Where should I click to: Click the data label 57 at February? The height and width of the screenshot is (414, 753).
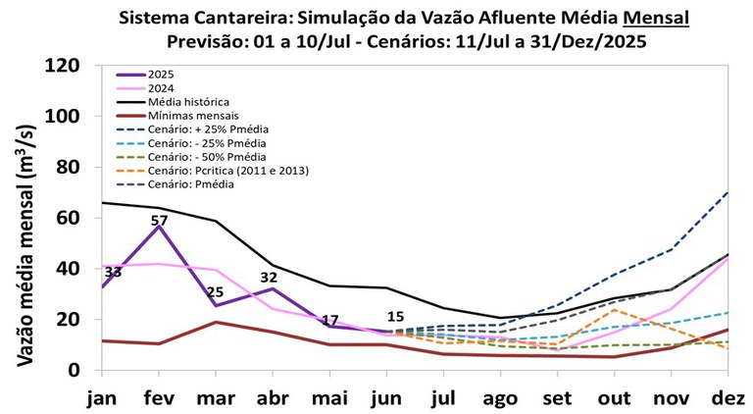[x=160, y=221]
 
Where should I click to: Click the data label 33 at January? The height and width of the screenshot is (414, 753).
[x=113, y=273]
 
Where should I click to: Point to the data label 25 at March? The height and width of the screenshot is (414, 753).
[x=216, y=292]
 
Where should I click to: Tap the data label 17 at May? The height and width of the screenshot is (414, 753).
[x=329, y=320]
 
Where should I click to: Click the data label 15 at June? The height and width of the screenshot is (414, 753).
[x=395, y=316]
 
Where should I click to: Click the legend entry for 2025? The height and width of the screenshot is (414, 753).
[x=164, y=75]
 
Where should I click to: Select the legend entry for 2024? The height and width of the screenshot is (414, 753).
[x=164, y=88]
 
